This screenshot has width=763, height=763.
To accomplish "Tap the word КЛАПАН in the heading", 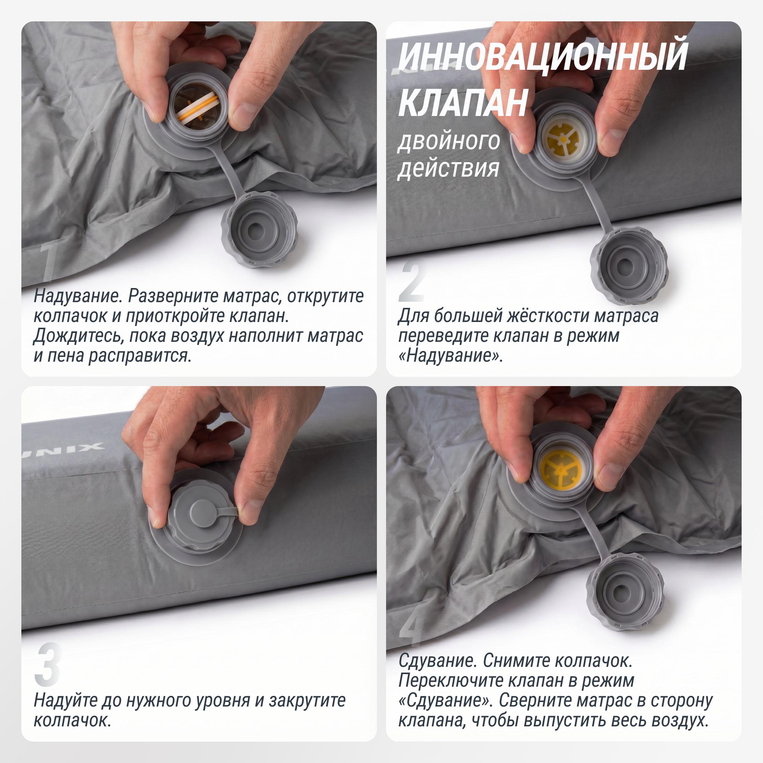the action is tap(463, 102).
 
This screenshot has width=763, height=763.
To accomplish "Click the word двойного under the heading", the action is tap(449, 141).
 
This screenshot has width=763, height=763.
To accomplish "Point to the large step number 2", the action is tap(413, 282).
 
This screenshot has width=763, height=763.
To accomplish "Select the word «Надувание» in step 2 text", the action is tap(451, 356).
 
